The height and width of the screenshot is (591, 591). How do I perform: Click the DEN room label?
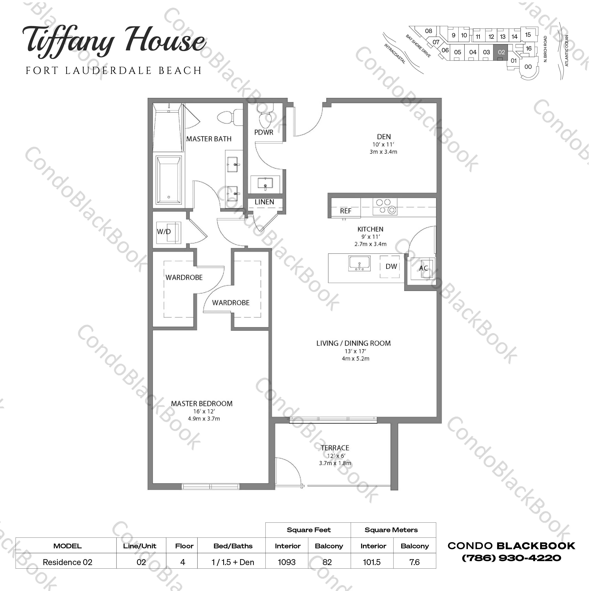(384, 136)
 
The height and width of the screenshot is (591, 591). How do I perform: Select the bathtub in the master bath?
(169, 180)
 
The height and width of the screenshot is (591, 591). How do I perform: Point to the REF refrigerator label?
(345, 211)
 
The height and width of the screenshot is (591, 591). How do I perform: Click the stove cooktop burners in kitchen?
(385, 206)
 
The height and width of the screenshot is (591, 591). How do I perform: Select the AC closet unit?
(423, 268)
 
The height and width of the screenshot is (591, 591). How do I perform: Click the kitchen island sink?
(359, 263)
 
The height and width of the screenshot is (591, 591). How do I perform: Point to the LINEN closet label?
(264, 202)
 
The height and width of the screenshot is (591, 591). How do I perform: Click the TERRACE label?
(335, 448)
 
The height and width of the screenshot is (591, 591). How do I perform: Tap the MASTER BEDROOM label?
(202, 404)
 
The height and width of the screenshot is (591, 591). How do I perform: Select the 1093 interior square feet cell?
(287, 562)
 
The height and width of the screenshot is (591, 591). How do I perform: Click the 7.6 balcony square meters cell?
(415, 562)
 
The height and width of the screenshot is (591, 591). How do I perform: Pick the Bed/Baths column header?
(233, 546)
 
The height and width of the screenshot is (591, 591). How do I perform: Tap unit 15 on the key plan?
(528, 35)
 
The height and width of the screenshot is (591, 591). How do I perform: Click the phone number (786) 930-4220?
(511, 558)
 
